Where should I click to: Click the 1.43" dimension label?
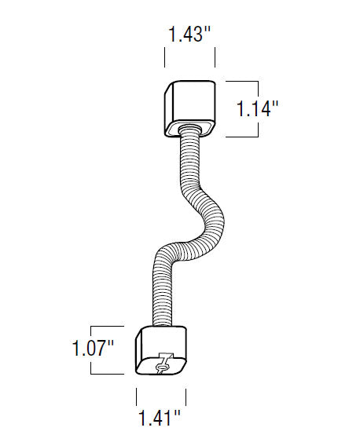tap(189, 35)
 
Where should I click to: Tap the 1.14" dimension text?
tap(257, 108)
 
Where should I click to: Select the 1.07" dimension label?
tap(93, 348)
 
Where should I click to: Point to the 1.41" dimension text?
tap(160, 418)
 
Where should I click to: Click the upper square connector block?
tap(189, 108)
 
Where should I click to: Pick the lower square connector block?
tap(160, 350)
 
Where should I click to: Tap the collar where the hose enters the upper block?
tap(190, 130)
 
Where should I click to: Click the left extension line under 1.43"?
tap(164, 58)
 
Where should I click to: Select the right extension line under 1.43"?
tap(215, 58)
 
